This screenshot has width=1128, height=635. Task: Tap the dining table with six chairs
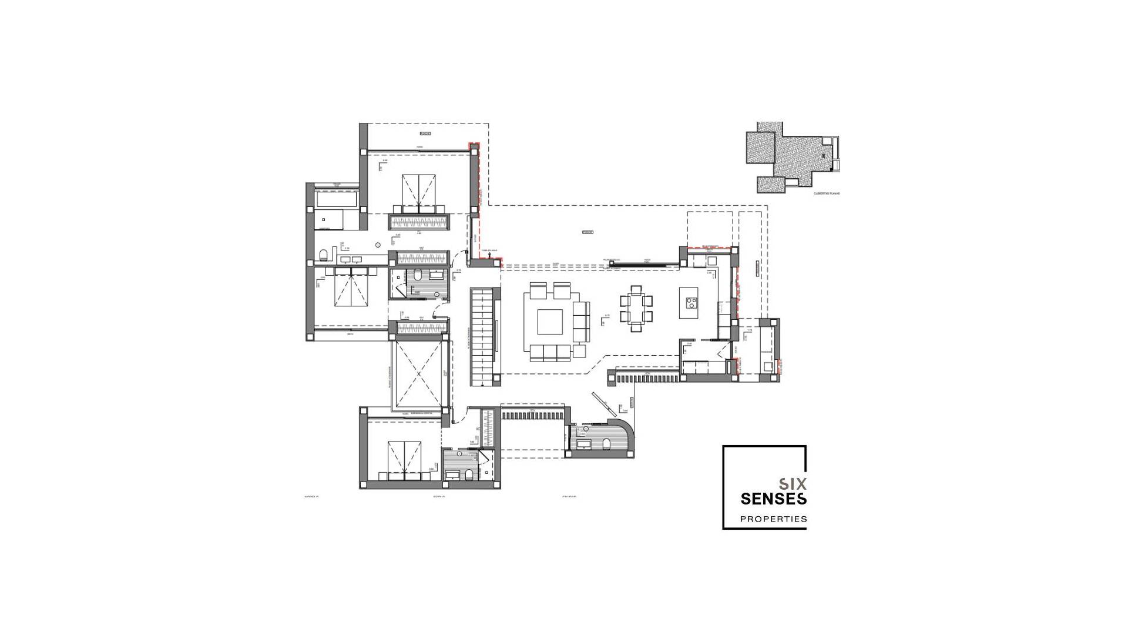(x=636, y=308)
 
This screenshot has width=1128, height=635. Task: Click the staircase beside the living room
(x=485, y=336)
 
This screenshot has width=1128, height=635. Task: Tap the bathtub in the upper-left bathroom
(x=337, y=199)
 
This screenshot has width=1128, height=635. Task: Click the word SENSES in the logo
(x=773, y=499)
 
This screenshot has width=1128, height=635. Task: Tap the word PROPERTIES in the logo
(x=773, y=519)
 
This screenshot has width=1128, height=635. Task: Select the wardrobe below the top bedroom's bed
(x=419, y=222)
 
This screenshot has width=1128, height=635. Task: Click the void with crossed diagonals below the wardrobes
(x=418, y=374)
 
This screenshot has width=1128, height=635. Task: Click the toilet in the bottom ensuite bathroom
(x=469, y=474)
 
